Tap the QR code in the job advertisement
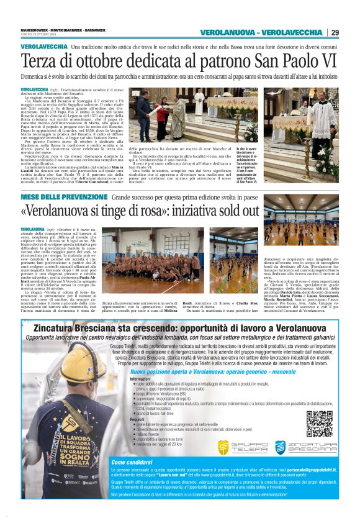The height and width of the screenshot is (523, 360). coord(319,422)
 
